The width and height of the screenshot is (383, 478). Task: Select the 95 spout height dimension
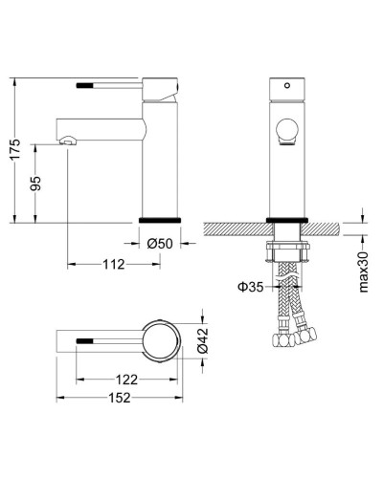pos(36,182)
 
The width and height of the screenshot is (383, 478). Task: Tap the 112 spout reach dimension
pos(113,265)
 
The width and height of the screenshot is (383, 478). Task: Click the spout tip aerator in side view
pos(66,141)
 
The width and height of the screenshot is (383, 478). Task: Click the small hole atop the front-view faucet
pos(283,84)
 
